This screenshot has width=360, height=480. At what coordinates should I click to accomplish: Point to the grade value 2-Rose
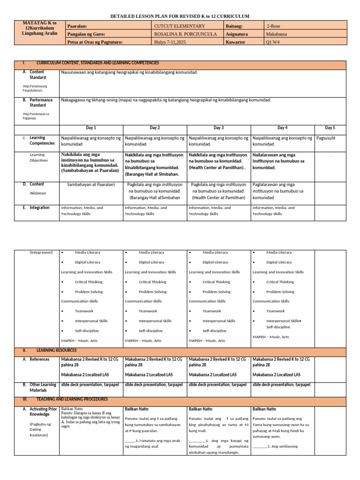coord(276,26)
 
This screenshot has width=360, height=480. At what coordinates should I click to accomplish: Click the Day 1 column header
coord(91,127)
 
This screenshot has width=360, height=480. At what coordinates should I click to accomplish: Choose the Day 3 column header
coord(218,127)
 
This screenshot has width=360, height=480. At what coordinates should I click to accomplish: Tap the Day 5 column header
coord(330,127)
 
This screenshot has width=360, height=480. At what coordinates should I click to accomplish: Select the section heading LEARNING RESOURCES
coord(56,350)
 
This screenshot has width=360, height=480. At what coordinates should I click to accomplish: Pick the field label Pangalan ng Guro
coord(86,34)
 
